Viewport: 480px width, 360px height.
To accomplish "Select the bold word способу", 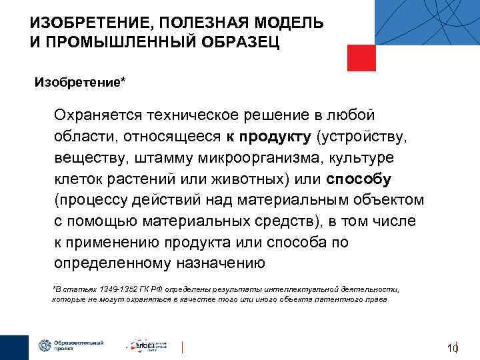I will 359,179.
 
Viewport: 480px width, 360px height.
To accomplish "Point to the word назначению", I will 220,262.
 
